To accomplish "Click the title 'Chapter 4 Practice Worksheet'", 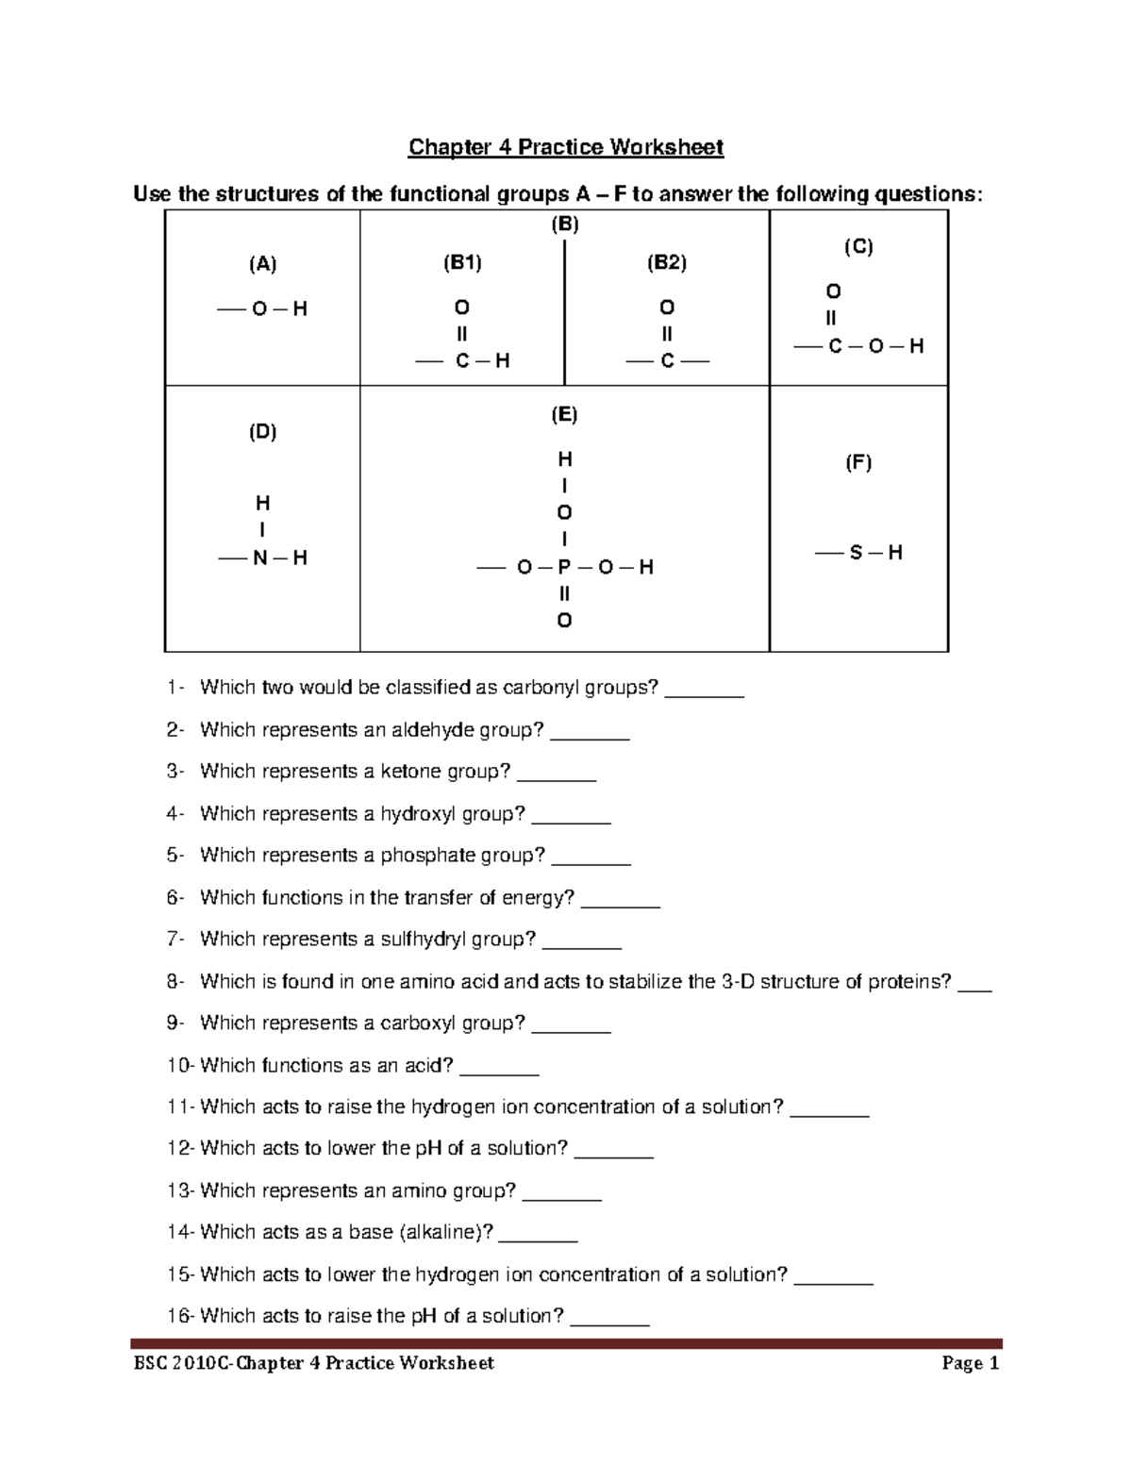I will (x=565, y=147).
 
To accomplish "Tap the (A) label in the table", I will (x=262, y=264).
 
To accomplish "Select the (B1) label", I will (x=462, y=263).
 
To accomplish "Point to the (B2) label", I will (x=666, y=263).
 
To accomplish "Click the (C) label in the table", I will (x=857, y=247).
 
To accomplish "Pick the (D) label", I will (x=262, y=432).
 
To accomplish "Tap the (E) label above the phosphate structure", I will (x=564, y=414).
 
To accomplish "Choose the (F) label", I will (x=857, y=462).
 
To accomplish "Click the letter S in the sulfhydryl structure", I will (x=856, y=553).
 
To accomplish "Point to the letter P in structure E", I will (x=564, y=567).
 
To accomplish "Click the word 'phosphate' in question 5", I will (x=427, y=856).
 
